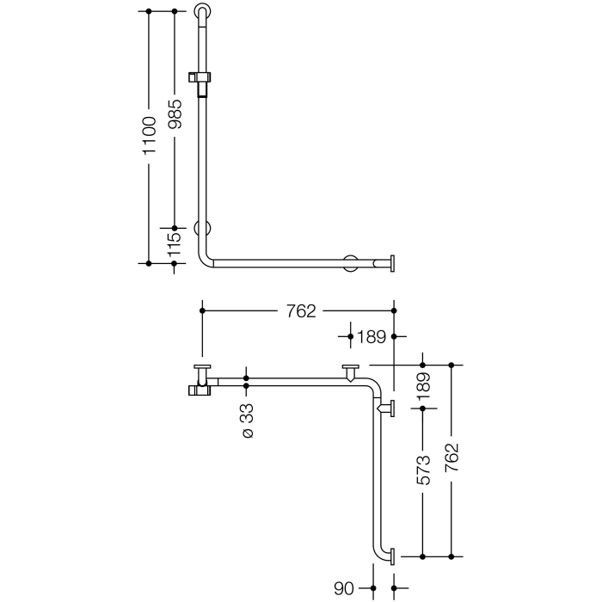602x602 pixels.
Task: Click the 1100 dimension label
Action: [150, 135]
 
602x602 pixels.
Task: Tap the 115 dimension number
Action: [175, 247]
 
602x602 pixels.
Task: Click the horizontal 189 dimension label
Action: [371, 336]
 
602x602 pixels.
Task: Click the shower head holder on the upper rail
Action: [204, 80]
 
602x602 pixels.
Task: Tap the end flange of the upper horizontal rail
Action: [392, 262]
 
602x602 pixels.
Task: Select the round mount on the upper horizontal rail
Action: [350, 262]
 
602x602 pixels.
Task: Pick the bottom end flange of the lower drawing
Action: [391, 556]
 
